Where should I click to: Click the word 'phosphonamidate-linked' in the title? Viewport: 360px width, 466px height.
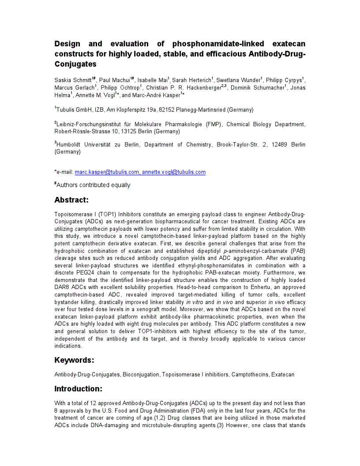[218, 44]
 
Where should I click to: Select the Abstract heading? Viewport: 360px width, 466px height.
[71, 200]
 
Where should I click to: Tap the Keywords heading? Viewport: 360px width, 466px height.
[74, 360]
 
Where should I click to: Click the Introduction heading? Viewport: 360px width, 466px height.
[78, 389]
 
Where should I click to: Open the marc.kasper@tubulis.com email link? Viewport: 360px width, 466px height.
[107, 172]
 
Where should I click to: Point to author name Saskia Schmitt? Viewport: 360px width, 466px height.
[73, 80]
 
